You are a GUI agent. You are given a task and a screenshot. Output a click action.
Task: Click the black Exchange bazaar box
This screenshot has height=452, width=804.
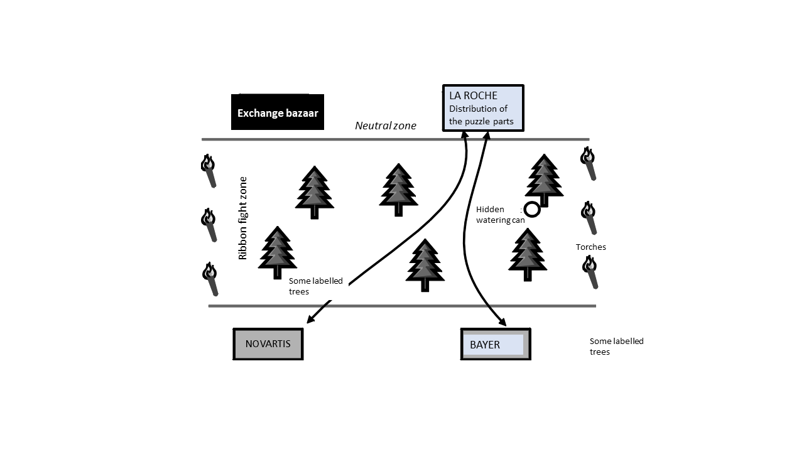(278, 112)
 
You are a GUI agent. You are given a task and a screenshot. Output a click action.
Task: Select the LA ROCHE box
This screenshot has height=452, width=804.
(483, 108)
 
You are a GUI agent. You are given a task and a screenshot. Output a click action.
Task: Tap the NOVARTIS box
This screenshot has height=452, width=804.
(268, 344)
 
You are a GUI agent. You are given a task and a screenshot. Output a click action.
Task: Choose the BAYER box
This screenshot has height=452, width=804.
(496, 344)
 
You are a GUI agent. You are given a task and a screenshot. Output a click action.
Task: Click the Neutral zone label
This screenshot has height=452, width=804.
(386, 126)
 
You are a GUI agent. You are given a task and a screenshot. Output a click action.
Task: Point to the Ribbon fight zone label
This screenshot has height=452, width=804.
(243, 218)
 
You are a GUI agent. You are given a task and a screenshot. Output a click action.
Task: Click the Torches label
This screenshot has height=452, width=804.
(591, 247)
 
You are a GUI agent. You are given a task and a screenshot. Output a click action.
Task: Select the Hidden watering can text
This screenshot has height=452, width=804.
(501, 215)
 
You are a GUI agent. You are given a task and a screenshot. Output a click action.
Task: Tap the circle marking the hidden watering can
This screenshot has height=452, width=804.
(532, 210)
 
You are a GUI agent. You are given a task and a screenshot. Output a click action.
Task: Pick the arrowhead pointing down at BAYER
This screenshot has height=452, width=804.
(502, 321)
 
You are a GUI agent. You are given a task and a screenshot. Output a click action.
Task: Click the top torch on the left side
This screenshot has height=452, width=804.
(209, 171)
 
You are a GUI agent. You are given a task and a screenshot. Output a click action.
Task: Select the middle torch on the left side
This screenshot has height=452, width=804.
(209, 225)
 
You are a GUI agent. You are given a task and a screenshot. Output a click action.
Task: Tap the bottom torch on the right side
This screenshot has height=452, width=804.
(590, 272)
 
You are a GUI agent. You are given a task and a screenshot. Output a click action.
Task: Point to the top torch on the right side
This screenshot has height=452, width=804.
(589, 163)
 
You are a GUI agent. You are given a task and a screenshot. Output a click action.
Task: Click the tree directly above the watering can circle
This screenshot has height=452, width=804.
(544, 180)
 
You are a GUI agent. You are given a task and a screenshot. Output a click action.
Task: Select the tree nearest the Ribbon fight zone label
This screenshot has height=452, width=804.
(278, 252)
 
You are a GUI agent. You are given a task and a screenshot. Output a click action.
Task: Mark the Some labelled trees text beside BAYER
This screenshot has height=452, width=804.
(617, 346)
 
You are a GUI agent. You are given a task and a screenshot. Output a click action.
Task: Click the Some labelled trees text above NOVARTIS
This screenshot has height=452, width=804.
(316, 286)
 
